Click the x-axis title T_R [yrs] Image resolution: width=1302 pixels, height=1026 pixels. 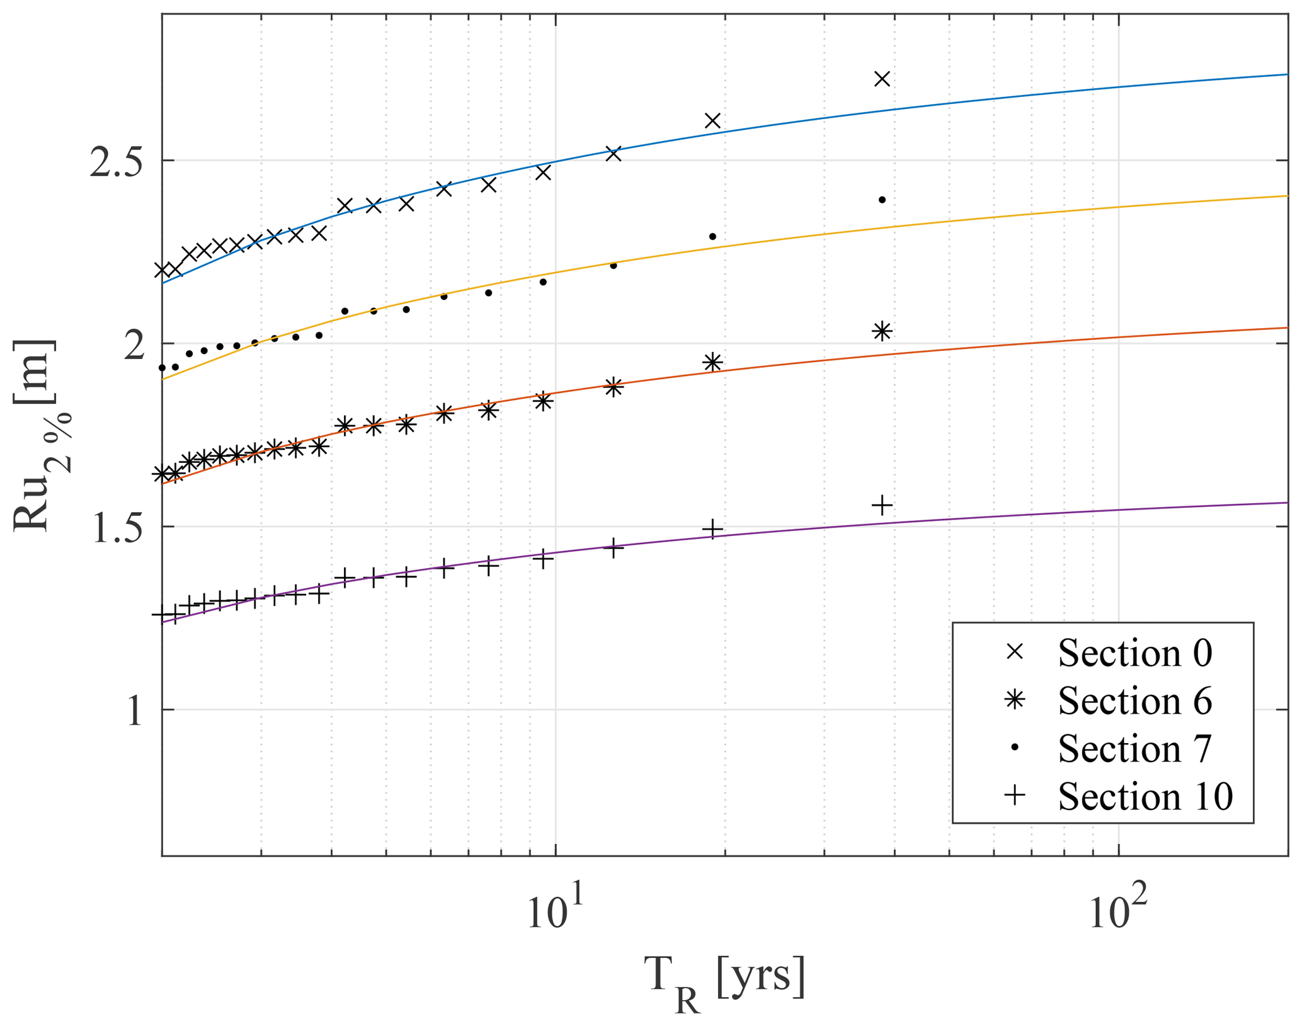(x=724, y=980)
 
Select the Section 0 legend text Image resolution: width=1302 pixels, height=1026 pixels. (x=1134, y=653)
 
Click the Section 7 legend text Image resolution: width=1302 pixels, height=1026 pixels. (x=1134, y=748)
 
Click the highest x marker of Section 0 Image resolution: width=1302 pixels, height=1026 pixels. (x=882, y=79)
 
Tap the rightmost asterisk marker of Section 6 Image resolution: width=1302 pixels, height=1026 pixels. (x=882, y=331)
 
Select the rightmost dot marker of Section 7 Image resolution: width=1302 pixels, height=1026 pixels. (x=882, y=200)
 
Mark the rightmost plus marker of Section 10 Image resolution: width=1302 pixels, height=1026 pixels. (x=882, y=505)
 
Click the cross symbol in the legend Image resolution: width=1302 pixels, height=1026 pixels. (x=1014, y=652)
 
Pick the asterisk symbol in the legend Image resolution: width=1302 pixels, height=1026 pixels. (x=1014, y=700)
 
